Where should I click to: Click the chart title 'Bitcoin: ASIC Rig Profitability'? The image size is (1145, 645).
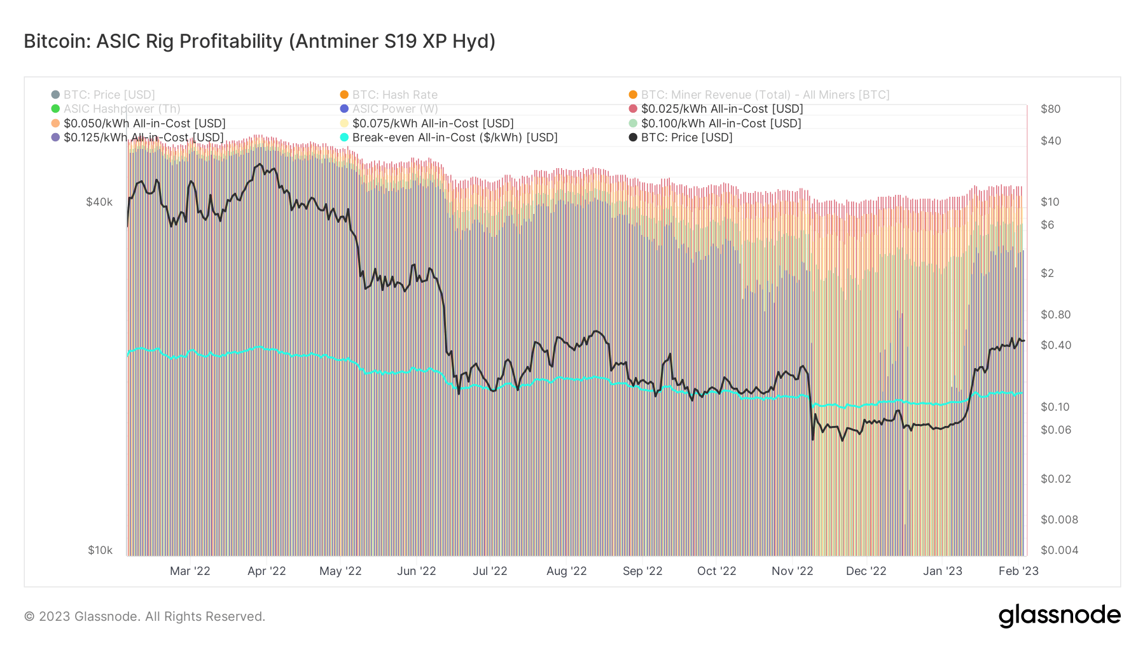(260, 41)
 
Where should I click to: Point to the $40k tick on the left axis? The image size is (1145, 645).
(99, 202)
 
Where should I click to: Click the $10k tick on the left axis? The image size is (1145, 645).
(100, 550)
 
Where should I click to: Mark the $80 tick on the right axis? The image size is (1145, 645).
(1050, 109)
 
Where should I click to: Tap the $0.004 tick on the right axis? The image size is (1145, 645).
(1059, 550)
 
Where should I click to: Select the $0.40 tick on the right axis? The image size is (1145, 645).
(1055, 345)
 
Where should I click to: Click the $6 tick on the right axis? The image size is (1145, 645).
(1047, 225)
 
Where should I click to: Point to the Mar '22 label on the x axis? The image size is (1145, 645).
(190, 571)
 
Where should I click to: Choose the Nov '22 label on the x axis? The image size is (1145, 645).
(792, 571)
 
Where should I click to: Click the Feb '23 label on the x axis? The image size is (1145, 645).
(1018, 571)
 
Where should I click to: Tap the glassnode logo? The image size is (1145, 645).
(1059, 616)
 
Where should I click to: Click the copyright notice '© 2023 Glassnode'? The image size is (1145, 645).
(144, 616)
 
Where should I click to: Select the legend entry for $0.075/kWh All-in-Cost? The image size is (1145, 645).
(433, 124)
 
